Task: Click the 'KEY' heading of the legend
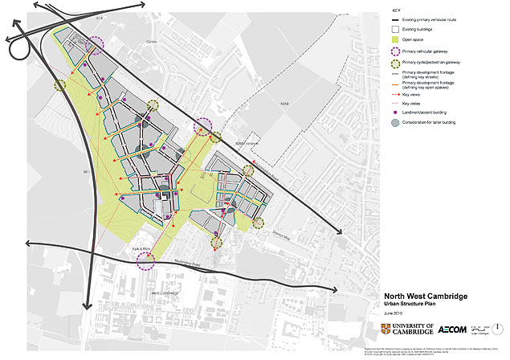click(395, 10)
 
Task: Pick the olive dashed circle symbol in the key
click(395, 61)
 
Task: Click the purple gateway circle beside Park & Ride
click(145, 259)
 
